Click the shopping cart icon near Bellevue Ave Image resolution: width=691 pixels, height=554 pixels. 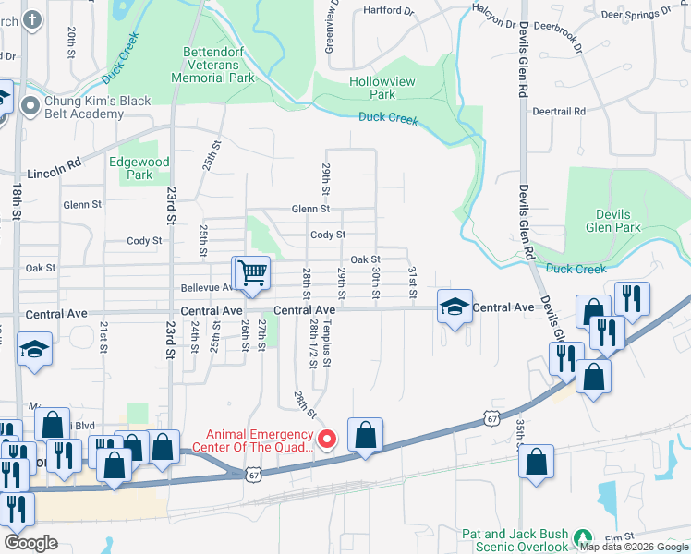pyautogui.click(x=251, y=272)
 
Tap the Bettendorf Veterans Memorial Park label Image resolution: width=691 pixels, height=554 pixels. pyautogui.click(x=213, y=65)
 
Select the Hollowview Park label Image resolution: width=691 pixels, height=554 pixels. pyautogui.click(x=372, y=88)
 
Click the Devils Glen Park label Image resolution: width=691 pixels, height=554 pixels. pyautogui.click(x=613, y=220)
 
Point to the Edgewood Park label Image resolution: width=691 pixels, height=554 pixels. pyautogui.click(x=139, y=168)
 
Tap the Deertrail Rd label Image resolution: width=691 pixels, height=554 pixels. pyautogui.click(x=560, y=111)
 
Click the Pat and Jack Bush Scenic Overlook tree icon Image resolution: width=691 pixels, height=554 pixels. pyautogui.click(x=582, y=537)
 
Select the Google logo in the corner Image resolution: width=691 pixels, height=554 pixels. pyautogui.click(x=31, y=543)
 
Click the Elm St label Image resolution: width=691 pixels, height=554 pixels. pyautogui.click(x=617, y=537)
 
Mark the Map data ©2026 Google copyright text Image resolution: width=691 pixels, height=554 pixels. pyautogui.click(x=633, y=547)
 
